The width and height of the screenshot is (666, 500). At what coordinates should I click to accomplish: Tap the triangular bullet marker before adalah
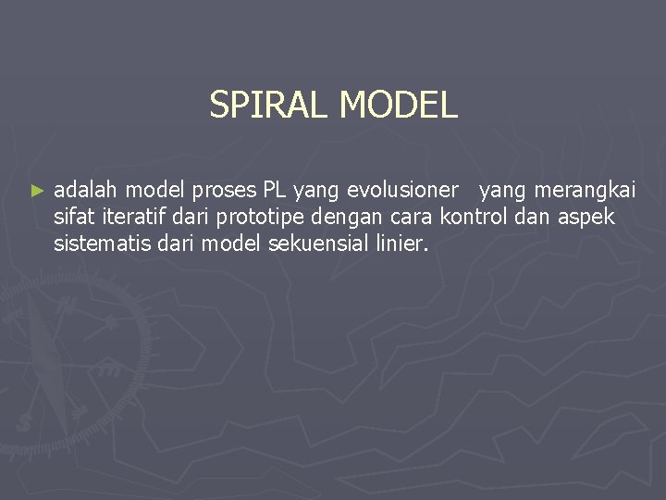pyautogui.click(x=37, y=191)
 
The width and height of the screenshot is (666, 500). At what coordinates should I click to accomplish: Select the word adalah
pyautogui.click(x=86, y=191)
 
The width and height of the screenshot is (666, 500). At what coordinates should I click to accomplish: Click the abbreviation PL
pyautogui.click(x=275, y=191)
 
